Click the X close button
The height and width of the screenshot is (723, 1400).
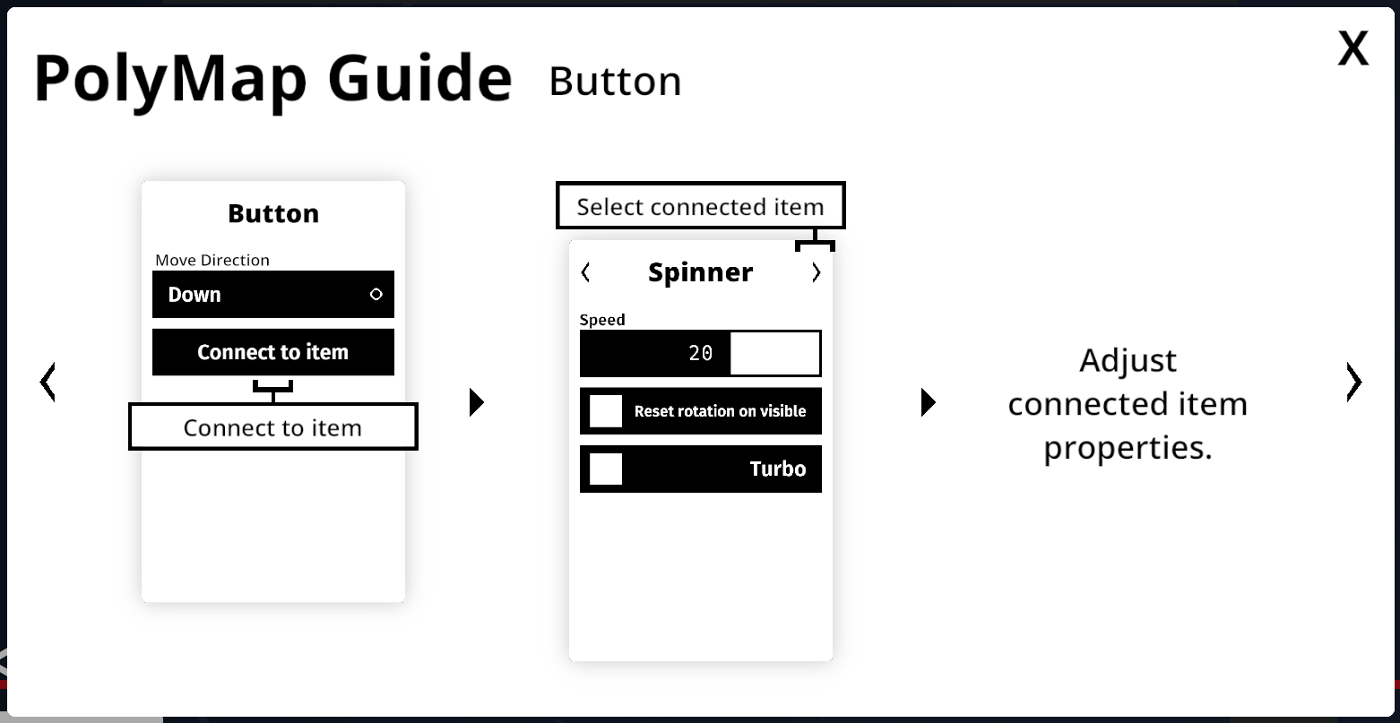[x=1353, y=48]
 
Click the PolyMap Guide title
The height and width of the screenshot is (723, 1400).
[x=273, y=80]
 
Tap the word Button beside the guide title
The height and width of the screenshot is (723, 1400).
[x=615, y=82]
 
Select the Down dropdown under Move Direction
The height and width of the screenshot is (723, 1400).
[x=273, y=295]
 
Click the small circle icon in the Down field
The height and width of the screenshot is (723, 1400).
[x=376, y=295]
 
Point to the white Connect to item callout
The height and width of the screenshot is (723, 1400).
[x=273, y=426]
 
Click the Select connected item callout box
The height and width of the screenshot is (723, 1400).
[x=701, y=205]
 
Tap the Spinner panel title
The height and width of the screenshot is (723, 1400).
[x=701, y=272]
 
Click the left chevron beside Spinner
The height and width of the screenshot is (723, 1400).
[x=585, y=272]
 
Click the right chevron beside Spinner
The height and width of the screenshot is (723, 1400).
[x=816, y=272]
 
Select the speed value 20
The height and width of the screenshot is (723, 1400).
[x=701, y=354]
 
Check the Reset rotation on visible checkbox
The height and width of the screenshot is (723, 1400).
[x=606, y=411]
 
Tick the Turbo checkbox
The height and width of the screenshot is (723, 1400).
[x=606, y=469]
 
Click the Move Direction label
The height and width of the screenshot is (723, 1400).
[x=212, y=260]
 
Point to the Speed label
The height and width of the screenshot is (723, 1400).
[x=602, y=320]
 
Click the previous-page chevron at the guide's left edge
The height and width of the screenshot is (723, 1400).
[x=48, y=382]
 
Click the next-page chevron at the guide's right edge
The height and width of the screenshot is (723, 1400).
[x=1353, y=382]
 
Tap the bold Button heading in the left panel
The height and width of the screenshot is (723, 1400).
[x=273, y=214]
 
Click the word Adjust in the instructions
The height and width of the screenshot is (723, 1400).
[x=1128, y=361]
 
